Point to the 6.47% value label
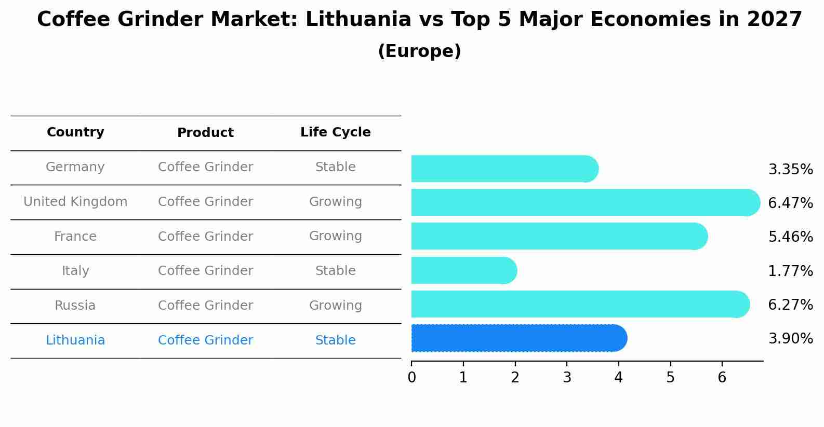click(790, 203)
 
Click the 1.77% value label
click(790, 271)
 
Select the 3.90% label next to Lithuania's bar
click(790, 339)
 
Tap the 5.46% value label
click(790, 237)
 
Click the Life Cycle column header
click(335, 132)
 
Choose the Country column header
click(75, 132)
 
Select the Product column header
click(205, 133)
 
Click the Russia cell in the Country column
click(75, 306)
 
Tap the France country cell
click(75, 237)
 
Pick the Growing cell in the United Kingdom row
click(335, 202)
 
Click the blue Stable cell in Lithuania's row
click(335, 340)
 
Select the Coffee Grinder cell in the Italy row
click(205, 271)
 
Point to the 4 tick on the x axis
click(618, 377)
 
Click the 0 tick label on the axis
click(411, 377)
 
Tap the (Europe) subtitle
click(419, 51)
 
